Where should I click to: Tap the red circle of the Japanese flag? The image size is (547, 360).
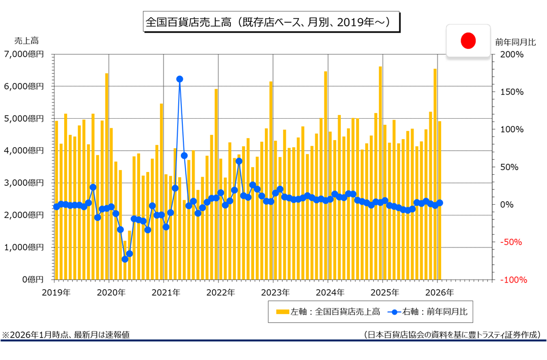tap(468, 40)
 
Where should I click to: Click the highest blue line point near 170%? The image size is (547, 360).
tap(179, 79)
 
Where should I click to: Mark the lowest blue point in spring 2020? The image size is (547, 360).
tap(125, 259)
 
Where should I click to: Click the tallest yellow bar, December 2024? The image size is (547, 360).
tap(380, 173)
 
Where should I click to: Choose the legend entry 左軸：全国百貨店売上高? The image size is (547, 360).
tap(328, 312)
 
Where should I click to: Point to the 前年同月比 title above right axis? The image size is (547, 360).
tap(515, 42)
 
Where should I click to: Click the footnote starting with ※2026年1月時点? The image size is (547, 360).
tap(66, 335)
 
